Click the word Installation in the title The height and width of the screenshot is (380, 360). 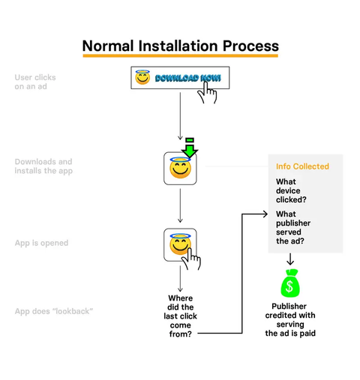178,46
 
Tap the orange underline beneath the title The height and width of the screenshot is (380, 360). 181,55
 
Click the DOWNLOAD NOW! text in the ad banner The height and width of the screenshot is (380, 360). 188,78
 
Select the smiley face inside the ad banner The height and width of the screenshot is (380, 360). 142,77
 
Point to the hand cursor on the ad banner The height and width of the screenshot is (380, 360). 207,93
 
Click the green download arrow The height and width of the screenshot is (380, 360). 190,148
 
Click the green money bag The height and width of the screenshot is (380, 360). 290,283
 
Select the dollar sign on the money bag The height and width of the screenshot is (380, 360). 289,286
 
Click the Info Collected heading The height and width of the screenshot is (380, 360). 302,166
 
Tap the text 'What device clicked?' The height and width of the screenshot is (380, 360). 291,190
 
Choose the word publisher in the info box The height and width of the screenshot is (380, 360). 293,223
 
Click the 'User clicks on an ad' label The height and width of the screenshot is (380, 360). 35,82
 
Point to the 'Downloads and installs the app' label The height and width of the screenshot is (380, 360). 43,166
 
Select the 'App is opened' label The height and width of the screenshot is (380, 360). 41,243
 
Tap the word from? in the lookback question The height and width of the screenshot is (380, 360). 181,334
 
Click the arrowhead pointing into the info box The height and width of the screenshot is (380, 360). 265,214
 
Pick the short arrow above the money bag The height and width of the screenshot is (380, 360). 290,259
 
